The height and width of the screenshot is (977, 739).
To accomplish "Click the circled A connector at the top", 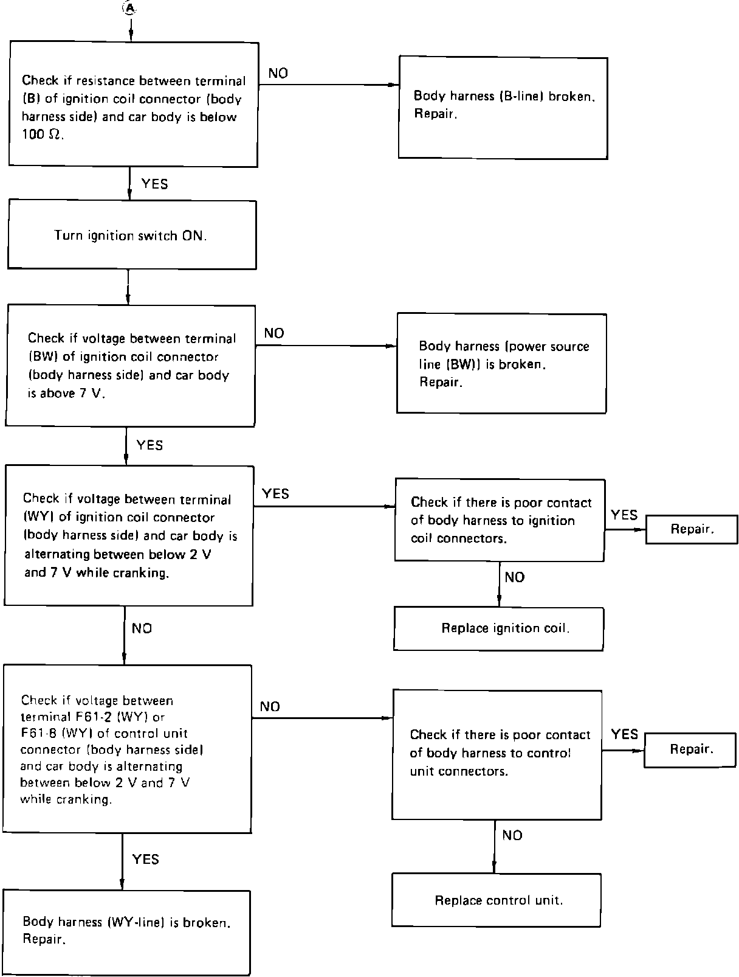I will coord(129,8).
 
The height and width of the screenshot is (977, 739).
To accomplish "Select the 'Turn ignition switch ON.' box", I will coord(131,235).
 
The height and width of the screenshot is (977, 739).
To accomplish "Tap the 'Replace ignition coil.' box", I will coord(498,628).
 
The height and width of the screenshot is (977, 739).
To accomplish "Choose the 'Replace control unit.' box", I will coord(497,900).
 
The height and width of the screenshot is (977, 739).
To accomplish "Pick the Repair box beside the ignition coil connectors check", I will coord(692,529).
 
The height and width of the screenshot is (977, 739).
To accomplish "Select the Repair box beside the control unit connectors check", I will coord(691,749).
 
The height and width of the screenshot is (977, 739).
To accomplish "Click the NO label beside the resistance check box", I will coord(278,74).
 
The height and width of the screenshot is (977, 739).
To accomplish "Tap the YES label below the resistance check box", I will coord(154,184).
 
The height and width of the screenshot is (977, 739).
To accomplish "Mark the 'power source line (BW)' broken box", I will coord(501,364).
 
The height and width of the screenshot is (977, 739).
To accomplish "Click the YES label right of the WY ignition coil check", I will coord(275,494).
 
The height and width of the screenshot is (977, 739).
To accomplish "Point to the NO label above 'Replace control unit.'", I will coord(512,835).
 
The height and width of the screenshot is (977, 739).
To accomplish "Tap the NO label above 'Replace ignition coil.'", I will coord(514,577).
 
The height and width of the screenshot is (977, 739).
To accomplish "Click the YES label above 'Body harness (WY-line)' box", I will coord(145,859).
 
